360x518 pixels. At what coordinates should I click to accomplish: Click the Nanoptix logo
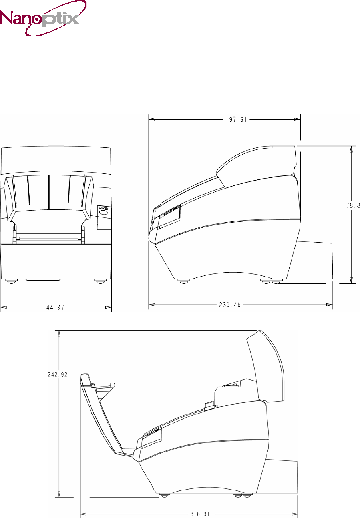[43, 18]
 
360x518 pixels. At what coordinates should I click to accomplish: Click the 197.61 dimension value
[236, 120]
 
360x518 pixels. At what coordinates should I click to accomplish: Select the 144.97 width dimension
[54, 307]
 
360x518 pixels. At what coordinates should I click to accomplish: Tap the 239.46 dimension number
[230, 305]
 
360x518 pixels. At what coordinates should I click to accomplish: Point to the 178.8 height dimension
[351, 205]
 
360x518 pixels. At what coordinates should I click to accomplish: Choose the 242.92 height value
[58, 375]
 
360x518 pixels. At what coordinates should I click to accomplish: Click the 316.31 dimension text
[200, 514]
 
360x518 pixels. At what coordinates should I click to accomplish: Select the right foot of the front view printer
[100, 282]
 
